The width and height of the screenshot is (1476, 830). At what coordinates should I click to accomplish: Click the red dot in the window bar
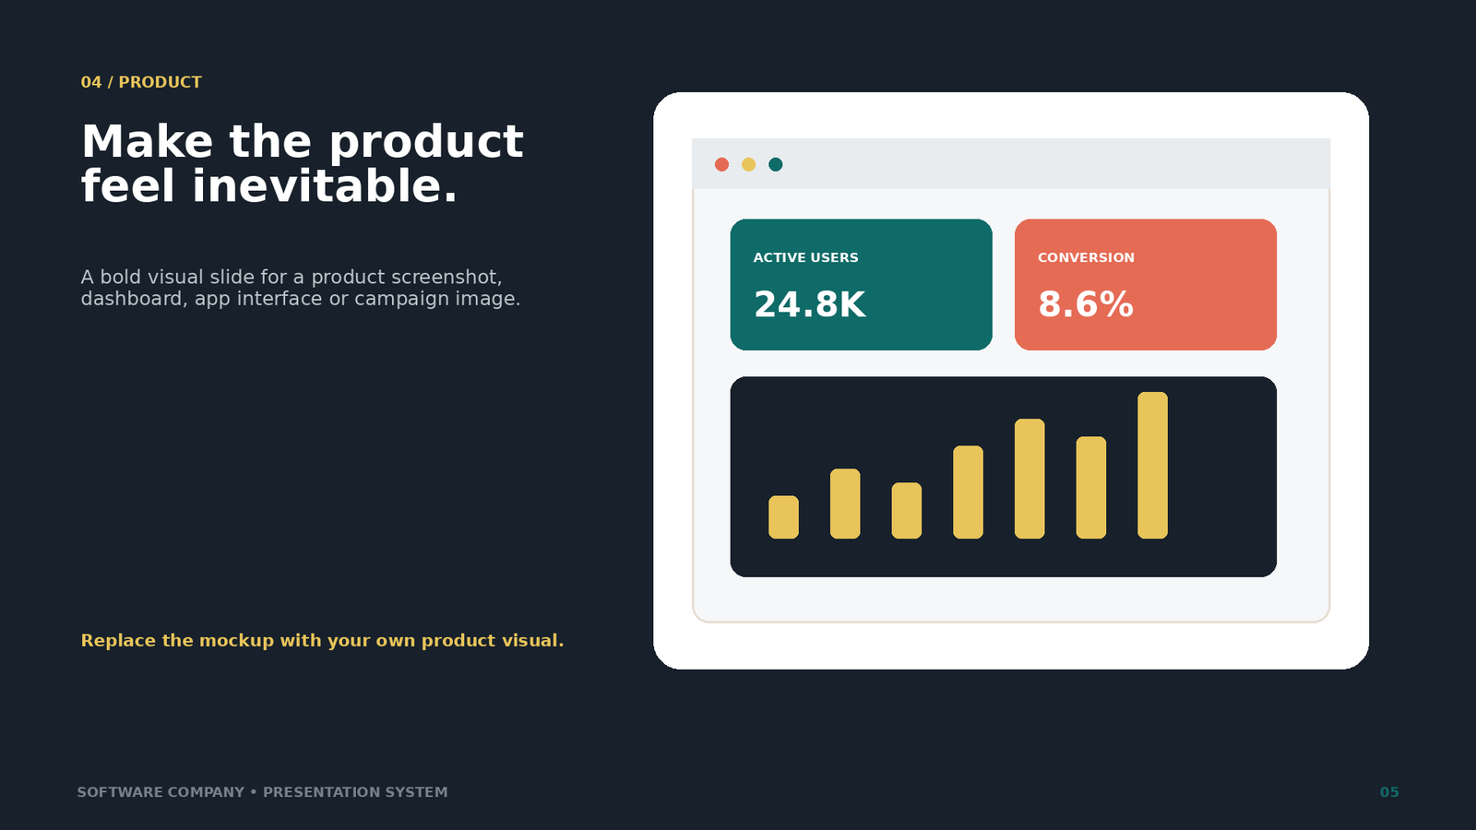721,164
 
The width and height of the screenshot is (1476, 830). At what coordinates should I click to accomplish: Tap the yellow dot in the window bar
748,164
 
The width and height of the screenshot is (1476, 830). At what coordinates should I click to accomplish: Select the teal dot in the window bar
776,164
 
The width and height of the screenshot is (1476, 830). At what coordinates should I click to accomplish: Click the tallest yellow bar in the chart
1152,465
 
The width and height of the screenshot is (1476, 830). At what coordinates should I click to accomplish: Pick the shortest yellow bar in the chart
783,517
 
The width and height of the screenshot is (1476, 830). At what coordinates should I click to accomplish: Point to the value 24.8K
809,304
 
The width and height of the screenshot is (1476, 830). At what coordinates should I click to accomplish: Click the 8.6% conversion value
1085,304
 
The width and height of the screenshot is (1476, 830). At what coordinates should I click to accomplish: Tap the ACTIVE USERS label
806,257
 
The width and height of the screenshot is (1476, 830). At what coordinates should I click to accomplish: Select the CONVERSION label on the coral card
1086,257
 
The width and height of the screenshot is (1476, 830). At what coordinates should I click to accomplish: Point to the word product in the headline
425,142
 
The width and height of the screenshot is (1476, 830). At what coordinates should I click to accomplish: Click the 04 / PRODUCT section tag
141,82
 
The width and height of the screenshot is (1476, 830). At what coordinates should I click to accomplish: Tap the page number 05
1389,792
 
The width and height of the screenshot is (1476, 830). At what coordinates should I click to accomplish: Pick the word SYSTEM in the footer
416,792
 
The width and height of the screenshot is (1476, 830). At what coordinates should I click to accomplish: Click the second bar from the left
845,504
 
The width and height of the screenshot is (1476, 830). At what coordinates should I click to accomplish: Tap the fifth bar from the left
1030,479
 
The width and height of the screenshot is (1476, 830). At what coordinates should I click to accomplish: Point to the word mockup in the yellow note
236,641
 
